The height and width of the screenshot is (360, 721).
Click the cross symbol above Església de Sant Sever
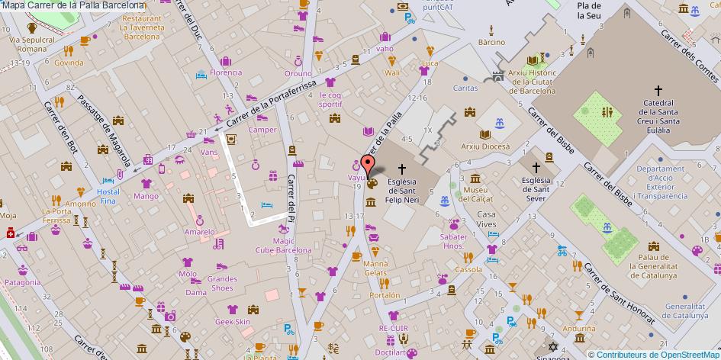coord(536,167)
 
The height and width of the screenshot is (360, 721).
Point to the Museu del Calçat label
coord(475,194)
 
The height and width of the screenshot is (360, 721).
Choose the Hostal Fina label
coord(108,195)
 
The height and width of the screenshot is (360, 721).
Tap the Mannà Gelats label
coord(375,268)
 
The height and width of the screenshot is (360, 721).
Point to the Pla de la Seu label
coord(587,10)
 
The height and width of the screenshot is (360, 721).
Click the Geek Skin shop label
coord(233,322)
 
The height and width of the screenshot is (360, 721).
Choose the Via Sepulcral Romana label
coord(32,43)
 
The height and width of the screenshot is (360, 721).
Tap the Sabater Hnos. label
coord(453,242)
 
